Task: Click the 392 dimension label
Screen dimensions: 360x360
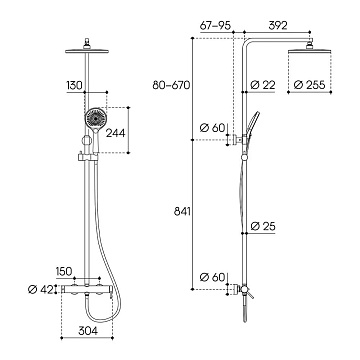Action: click(x=277, y=26)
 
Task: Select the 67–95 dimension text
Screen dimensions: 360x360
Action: click(x=216, y=26)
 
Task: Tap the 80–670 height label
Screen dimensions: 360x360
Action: click(x=171, y=85)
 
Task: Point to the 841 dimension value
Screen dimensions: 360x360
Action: click(x=182, y=211)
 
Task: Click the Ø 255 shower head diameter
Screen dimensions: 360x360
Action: click(x=309, y=85)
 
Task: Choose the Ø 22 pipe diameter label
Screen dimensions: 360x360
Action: click(x=263, y=85)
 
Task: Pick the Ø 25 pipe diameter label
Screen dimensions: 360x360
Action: click(x=263, y=226)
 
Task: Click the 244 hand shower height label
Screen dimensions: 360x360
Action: click(x=115, y=133)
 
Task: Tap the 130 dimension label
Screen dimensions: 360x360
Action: click(x=74, y=85)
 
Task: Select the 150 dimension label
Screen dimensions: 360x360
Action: click(x=64, y=271)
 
